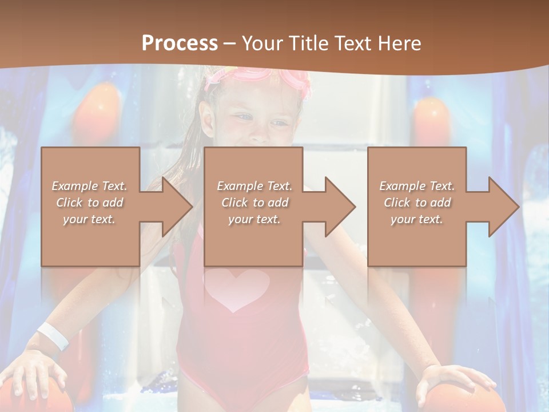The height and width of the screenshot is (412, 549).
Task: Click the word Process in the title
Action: [180, 43]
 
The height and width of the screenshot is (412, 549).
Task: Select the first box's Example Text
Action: [90, 186]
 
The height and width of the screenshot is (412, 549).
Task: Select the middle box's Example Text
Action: [254, 186]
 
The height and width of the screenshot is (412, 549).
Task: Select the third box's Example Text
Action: [417, 186]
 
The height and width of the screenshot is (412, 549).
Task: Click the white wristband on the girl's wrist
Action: [53, 336]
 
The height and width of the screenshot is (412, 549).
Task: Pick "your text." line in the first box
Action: [90, 219]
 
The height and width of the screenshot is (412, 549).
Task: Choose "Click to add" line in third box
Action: [417, 203]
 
